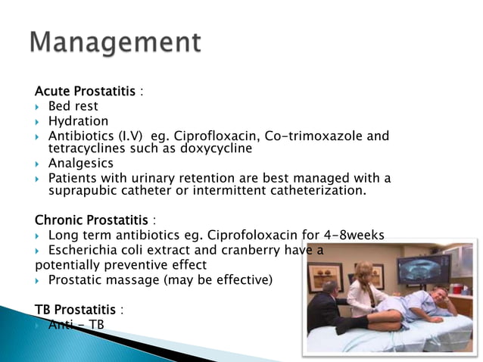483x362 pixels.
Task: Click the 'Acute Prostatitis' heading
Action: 86,92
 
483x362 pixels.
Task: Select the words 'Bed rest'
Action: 73,106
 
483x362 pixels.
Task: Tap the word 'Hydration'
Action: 78,121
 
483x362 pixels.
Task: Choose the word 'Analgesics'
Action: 80,164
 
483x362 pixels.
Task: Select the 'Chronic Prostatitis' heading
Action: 92,220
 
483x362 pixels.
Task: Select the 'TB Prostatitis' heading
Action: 76,310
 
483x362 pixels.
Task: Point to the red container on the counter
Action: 456,288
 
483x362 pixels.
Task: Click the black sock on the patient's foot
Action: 351,326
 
